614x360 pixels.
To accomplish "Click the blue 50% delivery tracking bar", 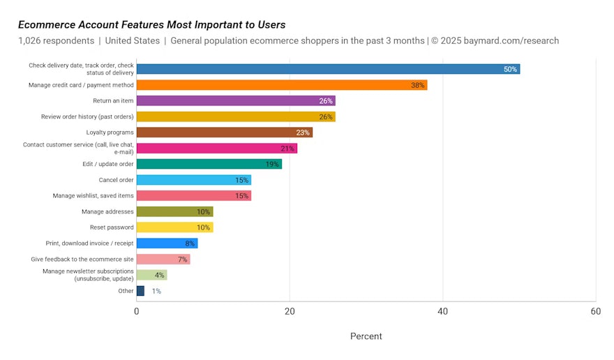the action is [x=328, y=69].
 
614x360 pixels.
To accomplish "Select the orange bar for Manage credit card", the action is [x=282, y=85].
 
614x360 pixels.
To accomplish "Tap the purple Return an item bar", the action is [x=236, y=100].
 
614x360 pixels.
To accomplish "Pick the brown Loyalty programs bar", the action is [x=225, y=133].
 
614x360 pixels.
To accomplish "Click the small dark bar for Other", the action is [x=140, y=291].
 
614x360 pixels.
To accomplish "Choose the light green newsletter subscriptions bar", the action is [x=152, y=275].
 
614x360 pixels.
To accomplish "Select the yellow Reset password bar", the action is [x=175, y=227].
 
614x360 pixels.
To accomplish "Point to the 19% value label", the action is [x=272, y=164].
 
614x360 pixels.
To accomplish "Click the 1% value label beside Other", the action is [x=156, y=291].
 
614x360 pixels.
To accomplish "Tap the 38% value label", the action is [x=417, y=85].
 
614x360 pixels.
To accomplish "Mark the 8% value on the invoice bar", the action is [x=190, y=243].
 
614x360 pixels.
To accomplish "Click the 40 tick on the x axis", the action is [x=442, y=311].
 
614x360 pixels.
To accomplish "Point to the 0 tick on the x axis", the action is [x=136, y=311].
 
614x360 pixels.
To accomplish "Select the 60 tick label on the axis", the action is [x=596, y=311].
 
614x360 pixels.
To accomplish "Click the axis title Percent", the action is [x=366, y=336].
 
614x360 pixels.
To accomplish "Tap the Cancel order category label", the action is [x=116, y=180].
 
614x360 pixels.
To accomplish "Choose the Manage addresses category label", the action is [x=107, y=211].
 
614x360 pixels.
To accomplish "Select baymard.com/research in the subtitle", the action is [x=511, y=40].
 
